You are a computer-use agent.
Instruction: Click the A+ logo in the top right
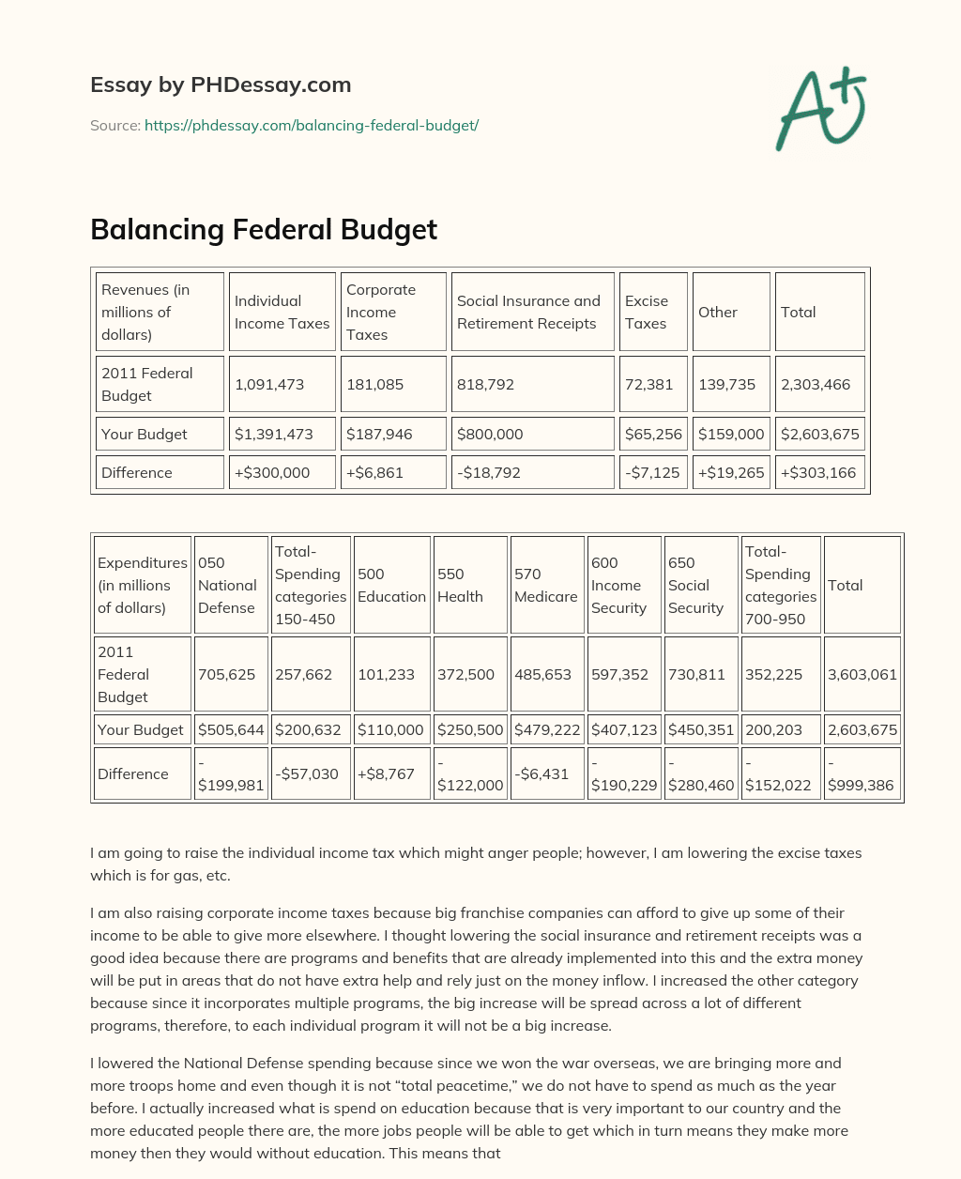pos(821,109)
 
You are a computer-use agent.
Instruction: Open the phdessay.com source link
pos(312,125)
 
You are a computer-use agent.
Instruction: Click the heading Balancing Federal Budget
pos(264,230)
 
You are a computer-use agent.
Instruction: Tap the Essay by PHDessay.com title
pos(221,84)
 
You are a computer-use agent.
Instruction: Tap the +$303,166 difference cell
pos(818,472)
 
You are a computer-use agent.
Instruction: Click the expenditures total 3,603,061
pos(862,674)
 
